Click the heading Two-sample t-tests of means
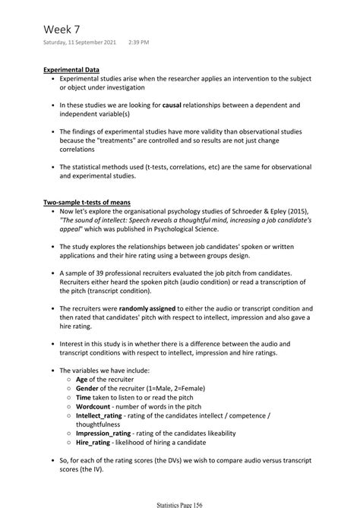pyautogui.click(x=87, y=202)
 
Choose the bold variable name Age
pyautogui.click(x=84, y=379)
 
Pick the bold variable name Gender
pyautogui.click(x=89, y=388)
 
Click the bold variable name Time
pyautogui.click(x=84, y=397)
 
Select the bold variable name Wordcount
pyautogui.click(x=95, y=406)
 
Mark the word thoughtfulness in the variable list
pyautogui.click(x=103, y=424)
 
